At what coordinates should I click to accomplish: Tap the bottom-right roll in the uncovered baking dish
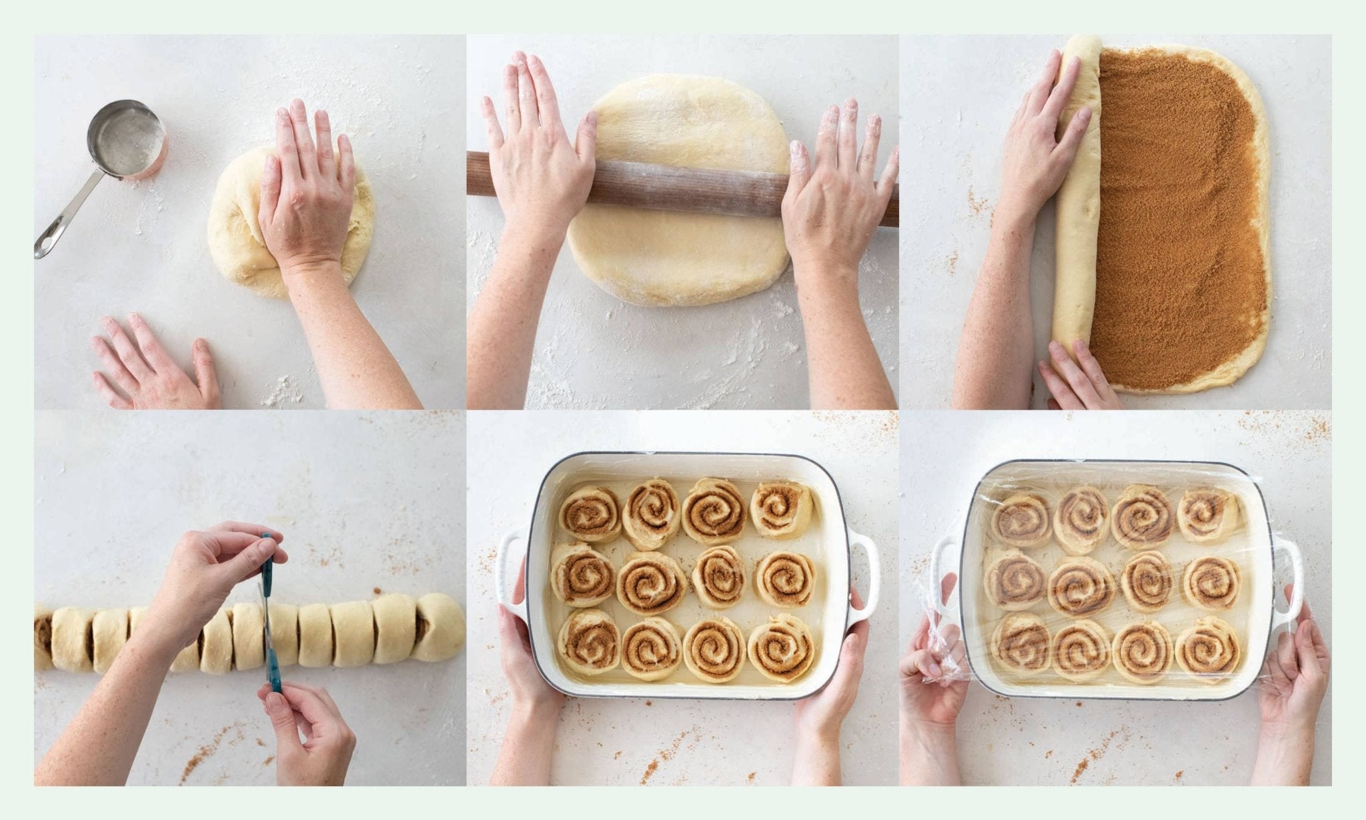(x=781, y=646)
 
